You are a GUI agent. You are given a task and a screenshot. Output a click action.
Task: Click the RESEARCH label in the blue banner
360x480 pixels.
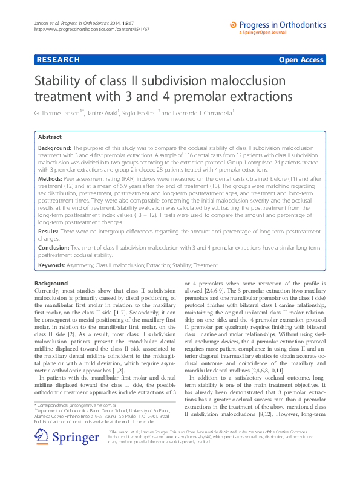[x=57, y=60]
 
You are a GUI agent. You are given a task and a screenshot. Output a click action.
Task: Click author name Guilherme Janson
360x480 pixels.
[x=61, y=112]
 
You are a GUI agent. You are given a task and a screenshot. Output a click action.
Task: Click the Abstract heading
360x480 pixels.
[x=50, y=137]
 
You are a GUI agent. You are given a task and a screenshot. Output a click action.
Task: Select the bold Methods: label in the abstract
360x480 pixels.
[x=52, y=180]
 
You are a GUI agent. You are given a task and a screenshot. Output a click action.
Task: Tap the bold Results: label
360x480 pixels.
[x=50, y=231]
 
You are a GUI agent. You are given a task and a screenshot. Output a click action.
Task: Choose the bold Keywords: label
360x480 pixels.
[x=54, y=265]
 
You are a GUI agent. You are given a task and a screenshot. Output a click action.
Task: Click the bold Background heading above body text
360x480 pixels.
[x=51, y=283]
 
